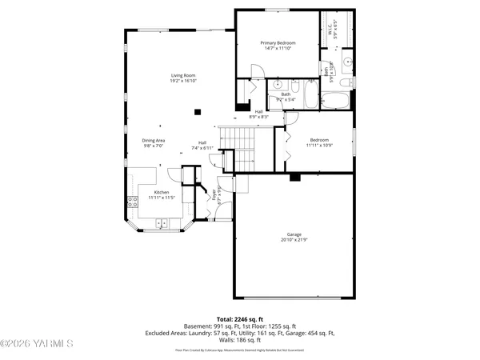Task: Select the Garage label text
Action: pyautogui.click(x=294, y=234)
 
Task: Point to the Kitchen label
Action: pyautogui.click(x=162, y=192)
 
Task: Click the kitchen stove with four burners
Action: pyautogui.click(x=131, y=202)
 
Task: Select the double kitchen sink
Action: pyautogui.click(x=162, y=222)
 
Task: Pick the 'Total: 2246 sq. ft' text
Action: pyautogui.click(x=239, y=319)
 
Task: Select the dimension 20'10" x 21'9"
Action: pyautogui.click(x=294, y=240)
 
